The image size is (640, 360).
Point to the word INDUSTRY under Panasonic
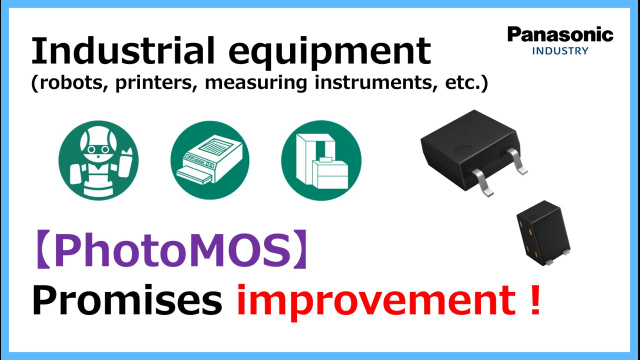(x=560, y=50)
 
